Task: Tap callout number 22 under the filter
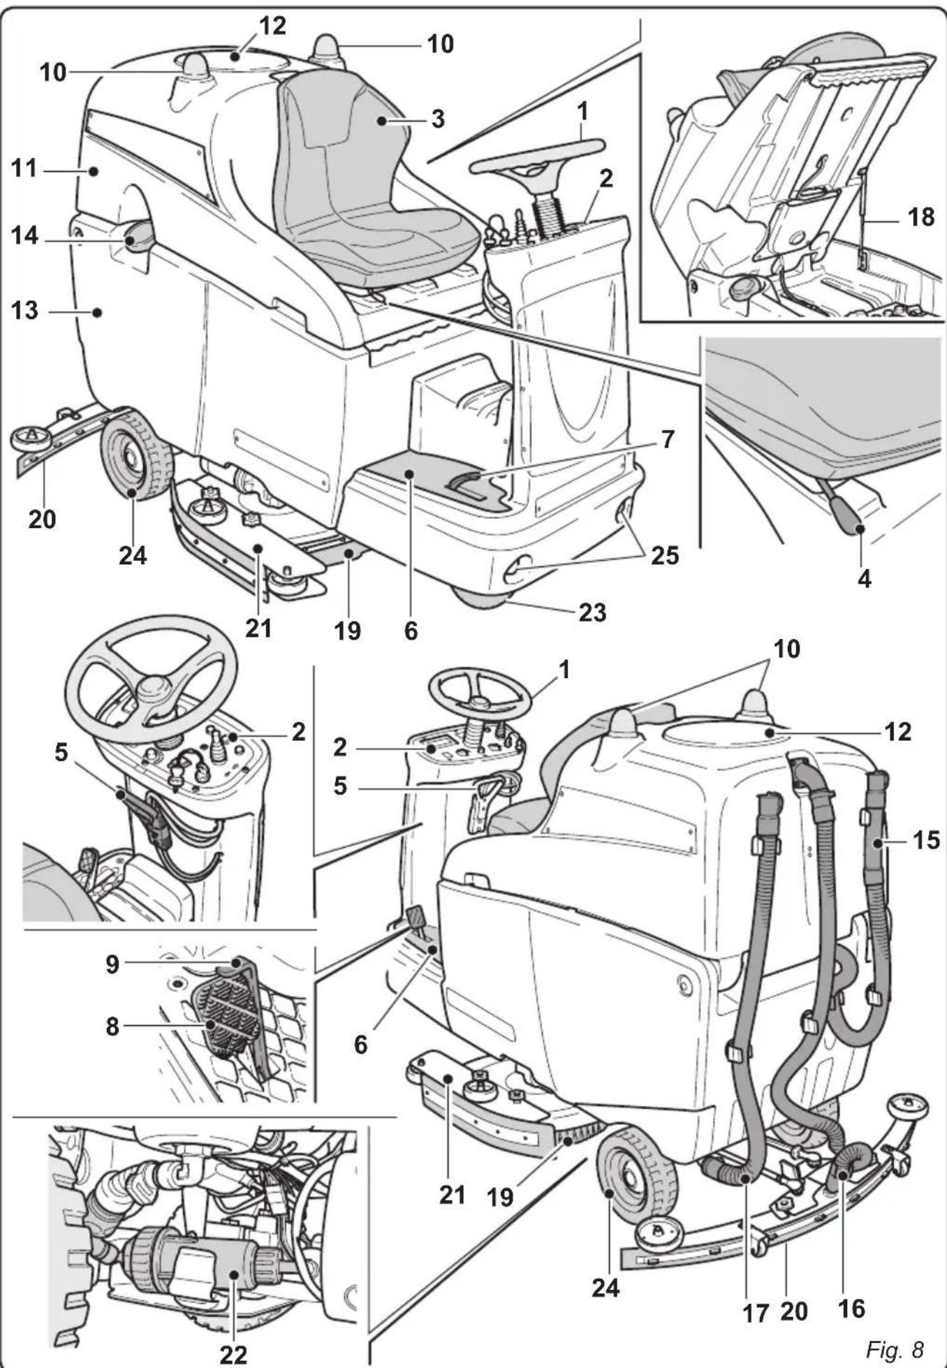tap(233, 1354)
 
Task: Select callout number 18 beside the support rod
tap(920, 217)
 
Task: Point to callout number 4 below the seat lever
tap(864, 578)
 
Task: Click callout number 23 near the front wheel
tap(592, 612)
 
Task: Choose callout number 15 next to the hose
tap(926, 839)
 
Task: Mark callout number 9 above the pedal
tap(112, 964)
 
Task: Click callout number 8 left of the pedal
tap(112, 1027)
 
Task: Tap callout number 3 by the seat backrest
tap(437, 119)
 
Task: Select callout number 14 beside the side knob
tap(24, 236)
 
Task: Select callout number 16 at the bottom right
tap(851, 1307)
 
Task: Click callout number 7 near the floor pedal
tap(668, 439)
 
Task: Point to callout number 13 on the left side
tap(24, 310)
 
